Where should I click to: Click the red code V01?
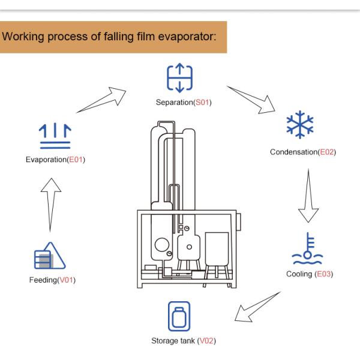pyautogui.click(x=64, y=280)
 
